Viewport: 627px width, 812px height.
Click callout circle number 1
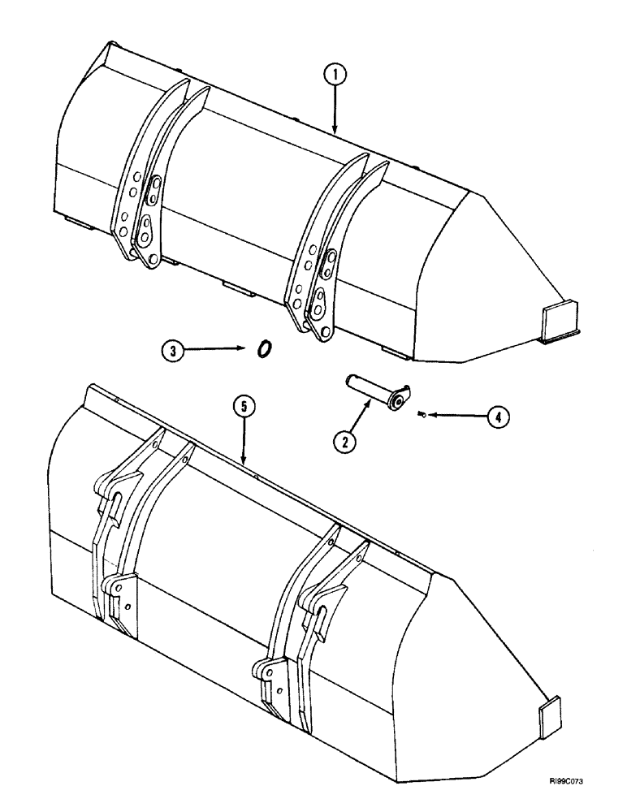(335, 77)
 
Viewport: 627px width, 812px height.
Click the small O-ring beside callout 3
(263, 348)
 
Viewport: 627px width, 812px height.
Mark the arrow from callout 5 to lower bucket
(244, 443)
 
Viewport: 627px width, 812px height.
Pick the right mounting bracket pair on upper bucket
(325, 252)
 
